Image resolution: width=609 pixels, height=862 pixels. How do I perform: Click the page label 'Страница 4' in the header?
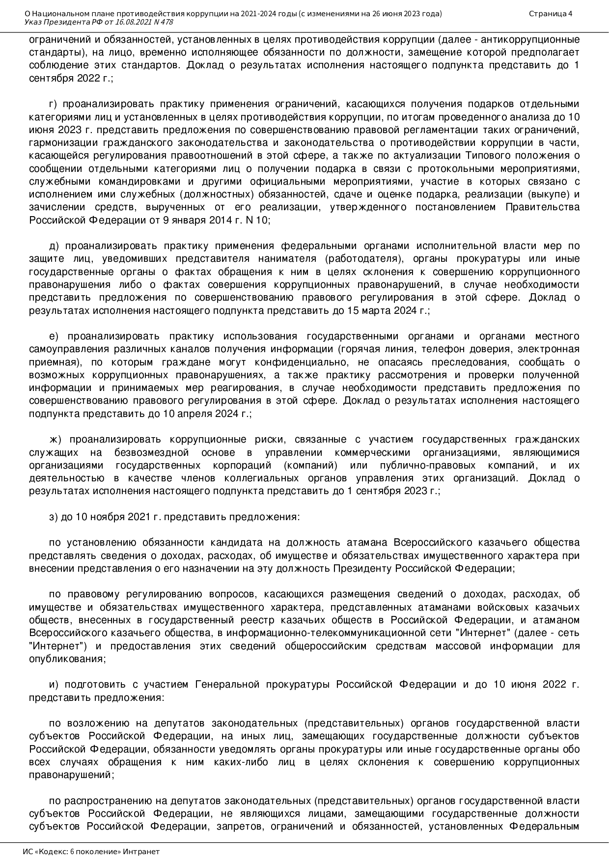(x=551, y=13)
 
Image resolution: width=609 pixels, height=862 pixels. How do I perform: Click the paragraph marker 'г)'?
(x=54, y=104)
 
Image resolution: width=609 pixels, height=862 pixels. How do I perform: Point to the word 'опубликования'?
(x=66, y=659)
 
